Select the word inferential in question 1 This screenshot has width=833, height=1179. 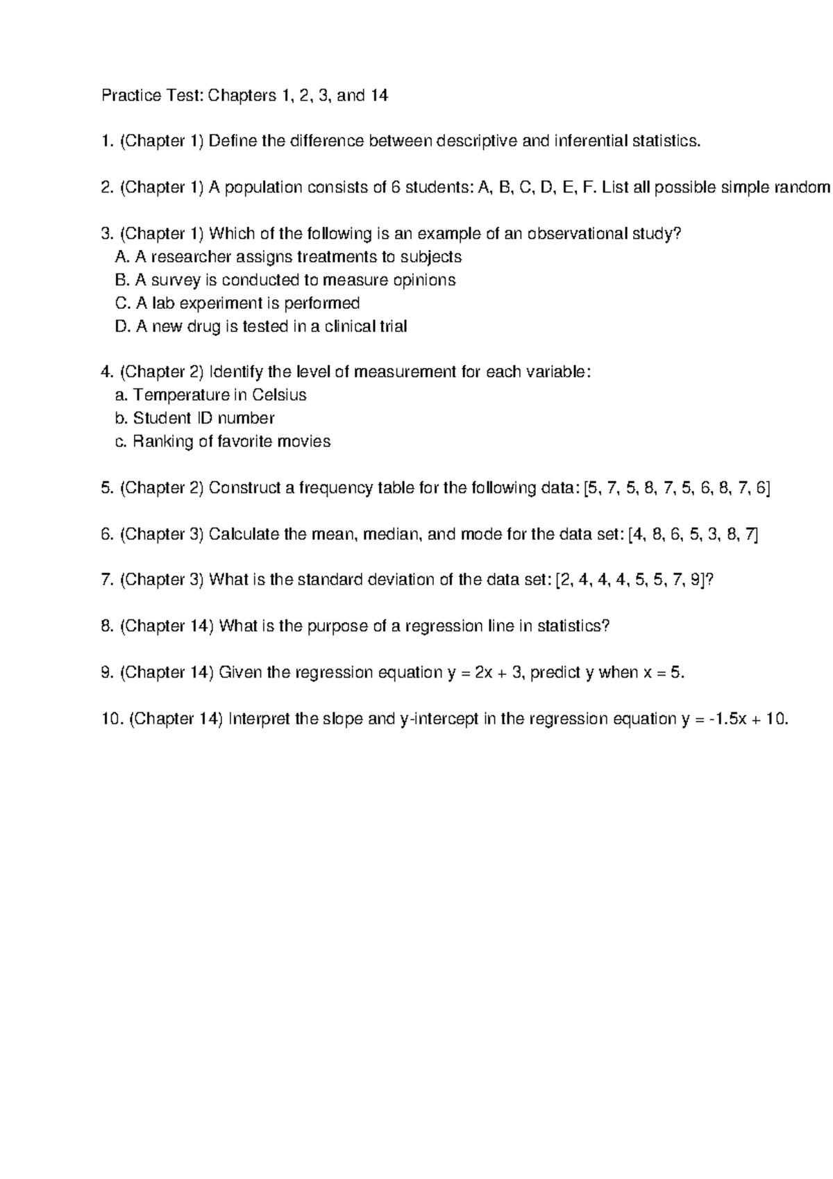click(x=591, y=142)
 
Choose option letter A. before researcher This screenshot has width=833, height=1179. click(x=122, y=257)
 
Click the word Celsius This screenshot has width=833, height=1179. click(x=279, y=395)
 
